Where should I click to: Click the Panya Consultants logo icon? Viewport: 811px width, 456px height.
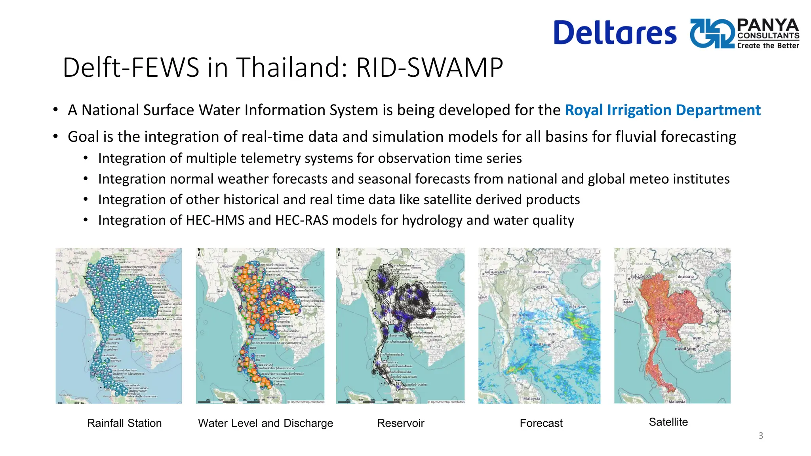coord(712,33)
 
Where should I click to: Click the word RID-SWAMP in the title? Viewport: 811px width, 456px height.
coord(429,67)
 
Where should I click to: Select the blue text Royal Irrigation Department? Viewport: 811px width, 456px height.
coord(663,110)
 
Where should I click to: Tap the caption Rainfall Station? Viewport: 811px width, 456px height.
coord(124,423)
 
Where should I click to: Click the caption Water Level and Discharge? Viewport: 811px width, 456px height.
coord(265,423)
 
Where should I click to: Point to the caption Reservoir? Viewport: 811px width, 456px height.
coord(400,423)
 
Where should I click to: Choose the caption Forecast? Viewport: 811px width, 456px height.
coord(541,423)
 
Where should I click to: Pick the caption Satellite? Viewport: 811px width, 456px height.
coord(668,422)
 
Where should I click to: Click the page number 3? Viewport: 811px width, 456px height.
coord(760,436)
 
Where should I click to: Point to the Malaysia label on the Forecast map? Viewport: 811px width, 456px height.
coord(531,399)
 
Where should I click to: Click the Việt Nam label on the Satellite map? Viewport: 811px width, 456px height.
coord(722,311)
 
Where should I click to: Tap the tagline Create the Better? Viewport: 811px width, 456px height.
coord(768,46)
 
